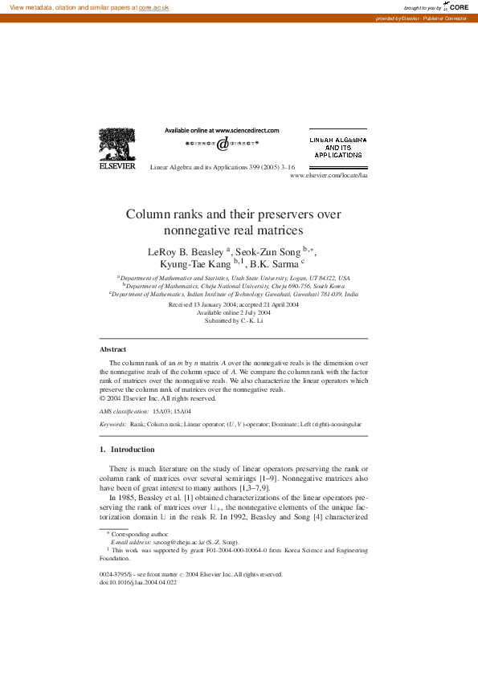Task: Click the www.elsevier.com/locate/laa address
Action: click(329, 174)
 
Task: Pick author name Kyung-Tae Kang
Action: click(195, 263)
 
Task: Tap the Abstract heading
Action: click(112, 349)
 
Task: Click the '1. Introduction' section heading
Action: click(126, 450)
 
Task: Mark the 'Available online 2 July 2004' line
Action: click(234, 313)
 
